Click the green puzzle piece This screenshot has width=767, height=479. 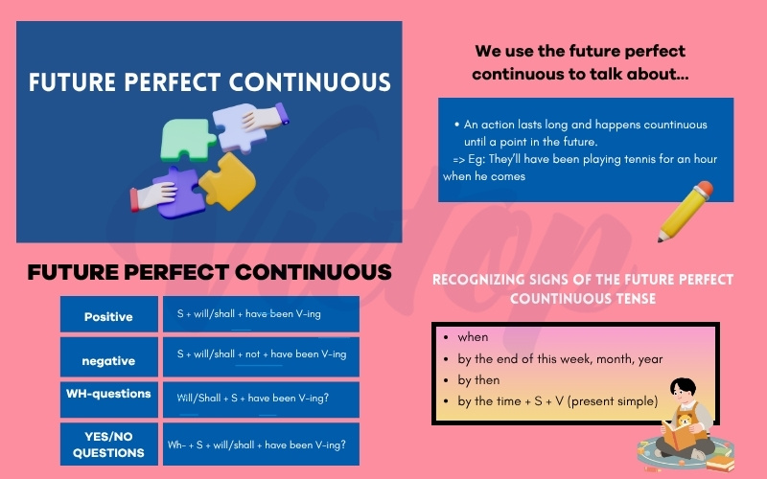[x=186, y=140]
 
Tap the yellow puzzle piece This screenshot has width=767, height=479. [x=228, y=180]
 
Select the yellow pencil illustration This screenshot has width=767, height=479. [x=685, y=211]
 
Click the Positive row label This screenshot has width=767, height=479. [x=108, y=317]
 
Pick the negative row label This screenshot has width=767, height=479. [x=108, y=361]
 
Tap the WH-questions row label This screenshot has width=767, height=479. [x=108, y=394]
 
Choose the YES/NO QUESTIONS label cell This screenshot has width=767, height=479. [x=108, y=445]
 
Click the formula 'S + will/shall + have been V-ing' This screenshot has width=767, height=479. [x=249, y=314]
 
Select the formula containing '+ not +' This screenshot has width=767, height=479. [x=262, y=354]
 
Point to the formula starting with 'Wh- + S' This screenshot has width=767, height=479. [x=257, y=445]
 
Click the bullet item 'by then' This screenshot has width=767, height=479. [x=478, y=380]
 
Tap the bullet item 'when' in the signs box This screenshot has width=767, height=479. [x=473, y=337]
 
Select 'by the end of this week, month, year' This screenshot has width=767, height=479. [x=560, y=359]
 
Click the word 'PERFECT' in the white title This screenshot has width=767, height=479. [x=173, y=82]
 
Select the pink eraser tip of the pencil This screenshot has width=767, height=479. [x=705, y=189]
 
